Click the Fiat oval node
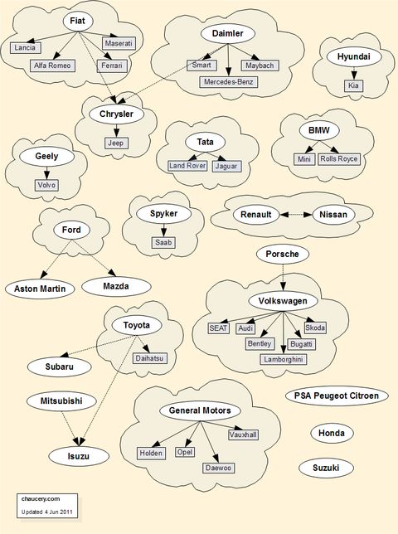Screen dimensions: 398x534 tap(78, 21)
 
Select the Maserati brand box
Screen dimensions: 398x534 tap(119, 43)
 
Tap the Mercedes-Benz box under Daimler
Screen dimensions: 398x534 tap(229, 82)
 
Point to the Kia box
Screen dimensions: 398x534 tap(353, 85)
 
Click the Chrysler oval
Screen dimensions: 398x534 tap(116, 114)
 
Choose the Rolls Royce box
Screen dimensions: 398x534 tap(339, 158)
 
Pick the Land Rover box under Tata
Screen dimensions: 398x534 tap(187, 166)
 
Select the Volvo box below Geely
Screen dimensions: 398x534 tap(46, 185)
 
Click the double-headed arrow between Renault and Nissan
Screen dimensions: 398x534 tap(295, 215)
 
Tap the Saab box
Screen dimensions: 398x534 tap(164, 242)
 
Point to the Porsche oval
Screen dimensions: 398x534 tap(283, 254)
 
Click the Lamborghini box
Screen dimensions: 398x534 tap(284, 359)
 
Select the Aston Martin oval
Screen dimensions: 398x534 tap(40, 289)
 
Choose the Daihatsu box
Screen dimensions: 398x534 tap(150, 358)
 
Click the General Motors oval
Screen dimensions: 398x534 tap(200, 410)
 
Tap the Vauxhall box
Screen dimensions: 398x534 tap(243, 434)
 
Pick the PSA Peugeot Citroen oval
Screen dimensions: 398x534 tap(337, 396)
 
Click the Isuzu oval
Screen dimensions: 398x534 tap(79, 456)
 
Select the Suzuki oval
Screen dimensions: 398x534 tap(326, 468)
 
